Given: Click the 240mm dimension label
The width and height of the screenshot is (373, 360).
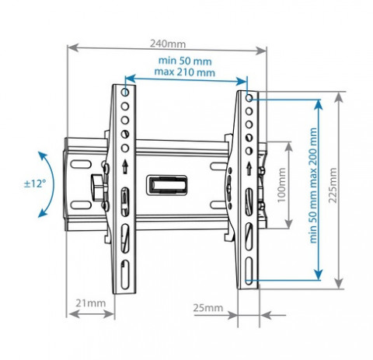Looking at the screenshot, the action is [168, 44].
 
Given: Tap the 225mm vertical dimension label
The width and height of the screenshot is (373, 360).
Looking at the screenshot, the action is [333, 185].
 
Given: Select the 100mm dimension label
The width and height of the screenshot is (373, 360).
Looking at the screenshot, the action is [281, 185].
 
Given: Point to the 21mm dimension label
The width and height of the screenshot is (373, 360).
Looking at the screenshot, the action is [91, 303].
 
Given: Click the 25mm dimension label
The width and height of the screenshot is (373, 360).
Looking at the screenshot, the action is [208, 308].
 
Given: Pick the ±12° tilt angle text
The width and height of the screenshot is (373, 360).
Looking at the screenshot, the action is [35, 183].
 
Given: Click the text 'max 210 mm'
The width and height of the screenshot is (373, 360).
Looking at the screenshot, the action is [185, 72].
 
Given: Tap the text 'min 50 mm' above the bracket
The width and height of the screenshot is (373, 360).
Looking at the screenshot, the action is [185, 61].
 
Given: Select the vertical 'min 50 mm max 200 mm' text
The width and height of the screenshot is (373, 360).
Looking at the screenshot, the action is [313, 185].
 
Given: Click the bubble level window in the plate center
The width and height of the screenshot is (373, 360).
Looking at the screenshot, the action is [166, 185].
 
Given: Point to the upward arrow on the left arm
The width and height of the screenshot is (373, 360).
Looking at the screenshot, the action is [125, 166].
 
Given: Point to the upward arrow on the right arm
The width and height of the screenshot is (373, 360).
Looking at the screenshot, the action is [249, 168].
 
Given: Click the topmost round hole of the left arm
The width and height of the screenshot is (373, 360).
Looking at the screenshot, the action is [125, 92].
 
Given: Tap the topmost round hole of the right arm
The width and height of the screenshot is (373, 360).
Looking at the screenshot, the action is [249, 98].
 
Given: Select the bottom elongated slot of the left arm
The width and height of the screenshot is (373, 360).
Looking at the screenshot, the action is [125, 274].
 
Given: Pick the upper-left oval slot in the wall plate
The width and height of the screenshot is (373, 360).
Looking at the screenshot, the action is [81, 165].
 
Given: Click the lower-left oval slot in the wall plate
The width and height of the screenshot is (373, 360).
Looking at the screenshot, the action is [81, 205].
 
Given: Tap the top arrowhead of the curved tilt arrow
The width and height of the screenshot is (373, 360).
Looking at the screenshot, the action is [41, 155].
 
